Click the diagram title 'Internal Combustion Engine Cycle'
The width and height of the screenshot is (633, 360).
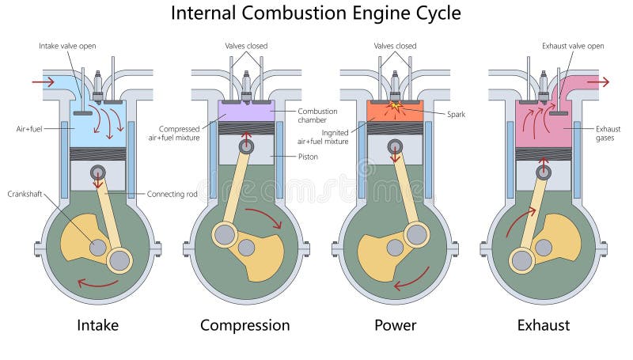316,13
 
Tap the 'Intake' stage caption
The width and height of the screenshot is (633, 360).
97,324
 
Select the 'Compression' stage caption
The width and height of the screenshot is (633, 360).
244,324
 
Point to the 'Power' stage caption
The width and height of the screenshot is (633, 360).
395,324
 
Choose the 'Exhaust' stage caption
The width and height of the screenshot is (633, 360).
543,324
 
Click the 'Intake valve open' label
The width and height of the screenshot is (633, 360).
67,46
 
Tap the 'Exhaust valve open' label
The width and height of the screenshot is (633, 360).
572,46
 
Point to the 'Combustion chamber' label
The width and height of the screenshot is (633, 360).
317,116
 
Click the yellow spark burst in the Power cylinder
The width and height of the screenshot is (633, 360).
394,105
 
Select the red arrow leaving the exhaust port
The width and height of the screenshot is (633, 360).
598,81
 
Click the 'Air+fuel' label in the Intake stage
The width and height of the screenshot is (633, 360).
28,127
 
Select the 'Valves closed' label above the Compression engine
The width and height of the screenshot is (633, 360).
246,46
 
